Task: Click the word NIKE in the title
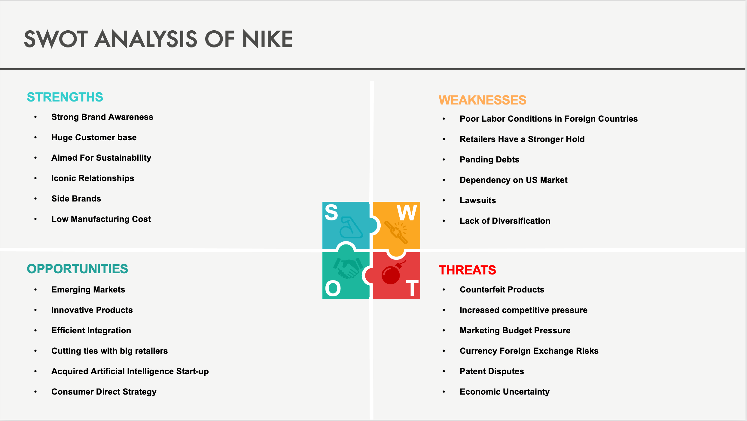click(267, 39)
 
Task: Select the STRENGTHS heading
click(65, 97)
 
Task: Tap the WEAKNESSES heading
click(482, 100)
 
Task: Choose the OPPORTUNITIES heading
click(78, 269)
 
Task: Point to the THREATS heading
click(467, 270)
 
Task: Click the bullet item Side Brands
click(76, 198)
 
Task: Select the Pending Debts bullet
click(489, 159)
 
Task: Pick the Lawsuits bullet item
click(478, 200)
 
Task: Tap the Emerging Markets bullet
click(88, 289)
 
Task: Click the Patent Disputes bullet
click(492, 371)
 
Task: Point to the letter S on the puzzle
click(331, 212)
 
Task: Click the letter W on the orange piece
click(407, 212)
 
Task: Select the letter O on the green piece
click(333, 288)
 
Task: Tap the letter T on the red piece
click(412, 288)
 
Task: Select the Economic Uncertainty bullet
click(505, 392)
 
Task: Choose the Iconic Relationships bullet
click(93, 178)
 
